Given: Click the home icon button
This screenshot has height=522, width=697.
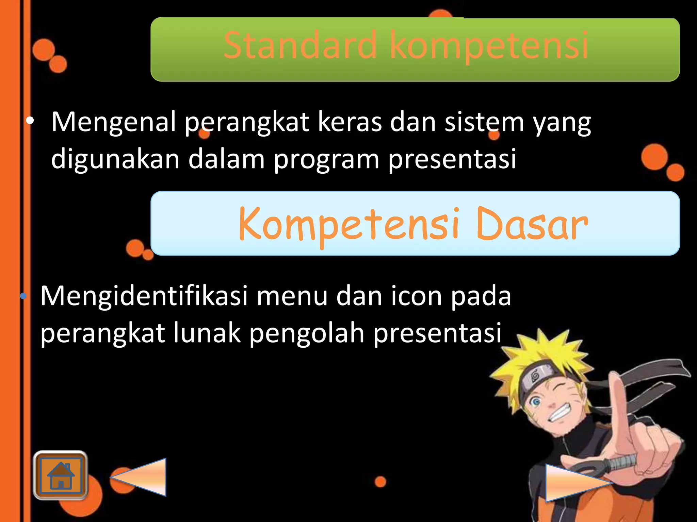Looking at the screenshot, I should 61,475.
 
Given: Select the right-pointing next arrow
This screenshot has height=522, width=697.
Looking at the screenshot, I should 575,483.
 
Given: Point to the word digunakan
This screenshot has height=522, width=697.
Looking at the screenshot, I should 115,159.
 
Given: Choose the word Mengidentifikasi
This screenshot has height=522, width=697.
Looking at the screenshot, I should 144,296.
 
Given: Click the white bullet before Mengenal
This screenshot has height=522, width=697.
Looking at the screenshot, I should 30,121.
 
